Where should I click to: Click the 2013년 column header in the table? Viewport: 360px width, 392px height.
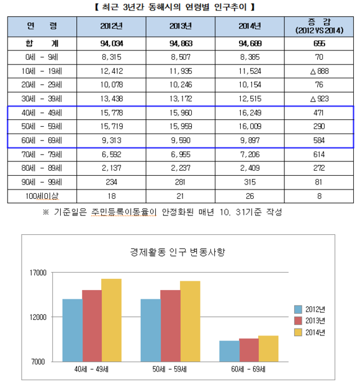point(181,26)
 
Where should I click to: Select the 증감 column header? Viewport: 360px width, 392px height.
point(319,26)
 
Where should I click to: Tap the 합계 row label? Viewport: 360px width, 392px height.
point(42,43)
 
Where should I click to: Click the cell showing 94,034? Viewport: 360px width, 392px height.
point(112,43)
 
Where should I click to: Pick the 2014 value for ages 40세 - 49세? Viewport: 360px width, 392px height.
point(250,112)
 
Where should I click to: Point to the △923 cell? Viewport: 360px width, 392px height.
point(319,99)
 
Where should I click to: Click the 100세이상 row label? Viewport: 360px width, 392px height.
point(42,196)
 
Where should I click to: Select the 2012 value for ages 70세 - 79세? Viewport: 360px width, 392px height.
point(112,155)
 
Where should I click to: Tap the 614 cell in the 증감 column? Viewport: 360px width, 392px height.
point(319,155)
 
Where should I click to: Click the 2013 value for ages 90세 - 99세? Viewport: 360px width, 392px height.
point(180,182)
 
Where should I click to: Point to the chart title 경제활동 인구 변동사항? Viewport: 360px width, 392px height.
point(178,252)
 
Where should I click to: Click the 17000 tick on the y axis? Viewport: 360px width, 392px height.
point(38,273)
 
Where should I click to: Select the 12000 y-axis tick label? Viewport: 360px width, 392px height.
point(38,317)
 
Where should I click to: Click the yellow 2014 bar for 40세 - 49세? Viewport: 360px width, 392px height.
point(112,321)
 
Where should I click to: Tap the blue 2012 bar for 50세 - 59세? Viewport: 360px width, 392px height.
point(151,330)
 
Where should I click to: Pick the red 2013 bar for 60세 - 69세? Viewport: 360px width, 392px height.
point(249,350)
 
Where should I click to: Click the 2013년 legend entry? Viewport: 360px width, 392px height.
point(310,321)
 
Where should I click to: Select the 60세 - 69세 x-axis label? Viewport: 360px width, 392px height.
point(248,369)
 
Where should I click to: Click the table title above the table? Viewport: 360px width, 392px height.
point(175,7)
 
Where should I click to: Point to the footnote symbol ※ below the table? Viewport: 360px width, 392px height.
point(46,212)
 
